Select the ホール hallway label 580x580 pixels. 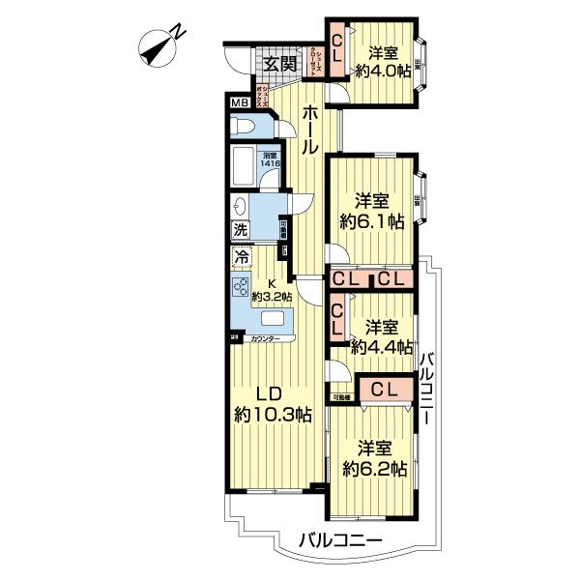pyautogui.click(x=308, y=130)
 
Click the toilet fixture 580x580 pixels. pyautogui.click(x=246, y=127)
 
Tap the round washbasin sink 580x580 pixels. pyautogui.click(x=239, y=206)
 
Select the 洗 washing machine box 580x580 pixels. pyautogui.click(x=240, y=231)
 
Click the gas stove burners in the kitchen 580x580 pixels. pyautogui.click(x=240, y=287)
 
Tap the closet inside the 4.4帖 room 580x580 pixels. pyautogui.click(x=337, y=318)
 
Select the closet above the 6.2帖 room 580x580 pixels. pyautogui.click(x=384, y=390)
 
